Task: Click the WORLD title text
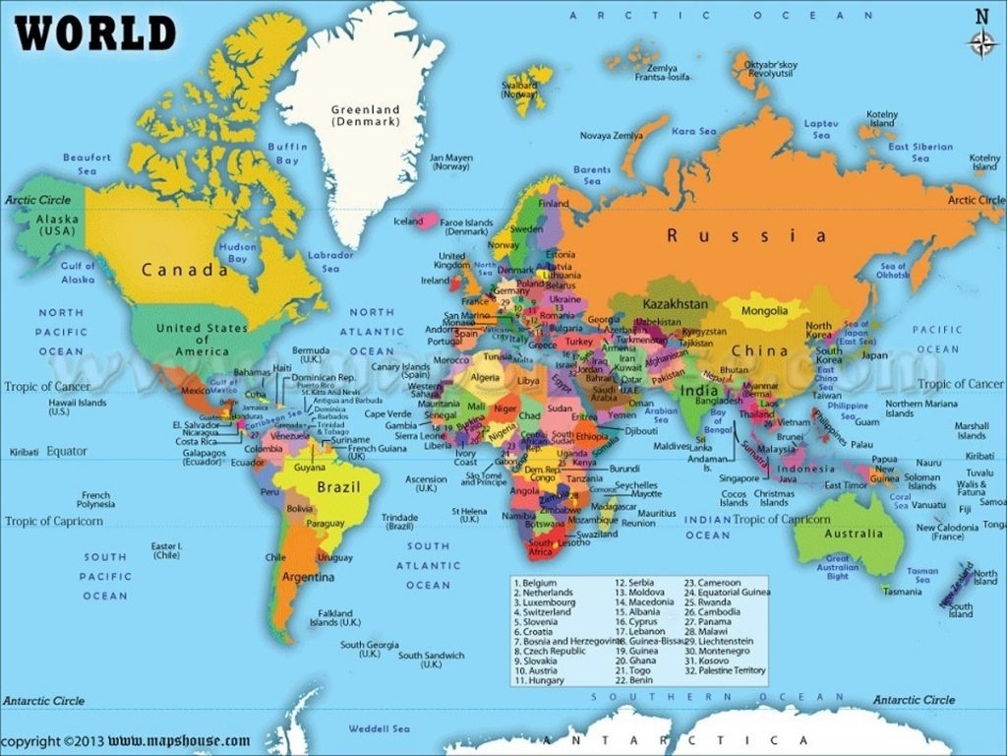(95, 33)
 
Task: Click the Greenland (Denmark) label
(365, 115)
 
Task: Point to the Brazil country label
(333, 486)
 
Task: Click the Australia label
(854, 534)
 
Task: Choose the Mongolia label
(763, 311)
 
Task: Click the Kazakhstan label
(676, 304)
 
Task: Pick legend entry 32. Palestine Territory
(726, 670)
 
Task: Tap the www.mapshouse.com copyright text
(179, 740)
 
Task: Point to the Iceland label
(408, 221)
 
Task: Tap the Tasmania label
(902, 592)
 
